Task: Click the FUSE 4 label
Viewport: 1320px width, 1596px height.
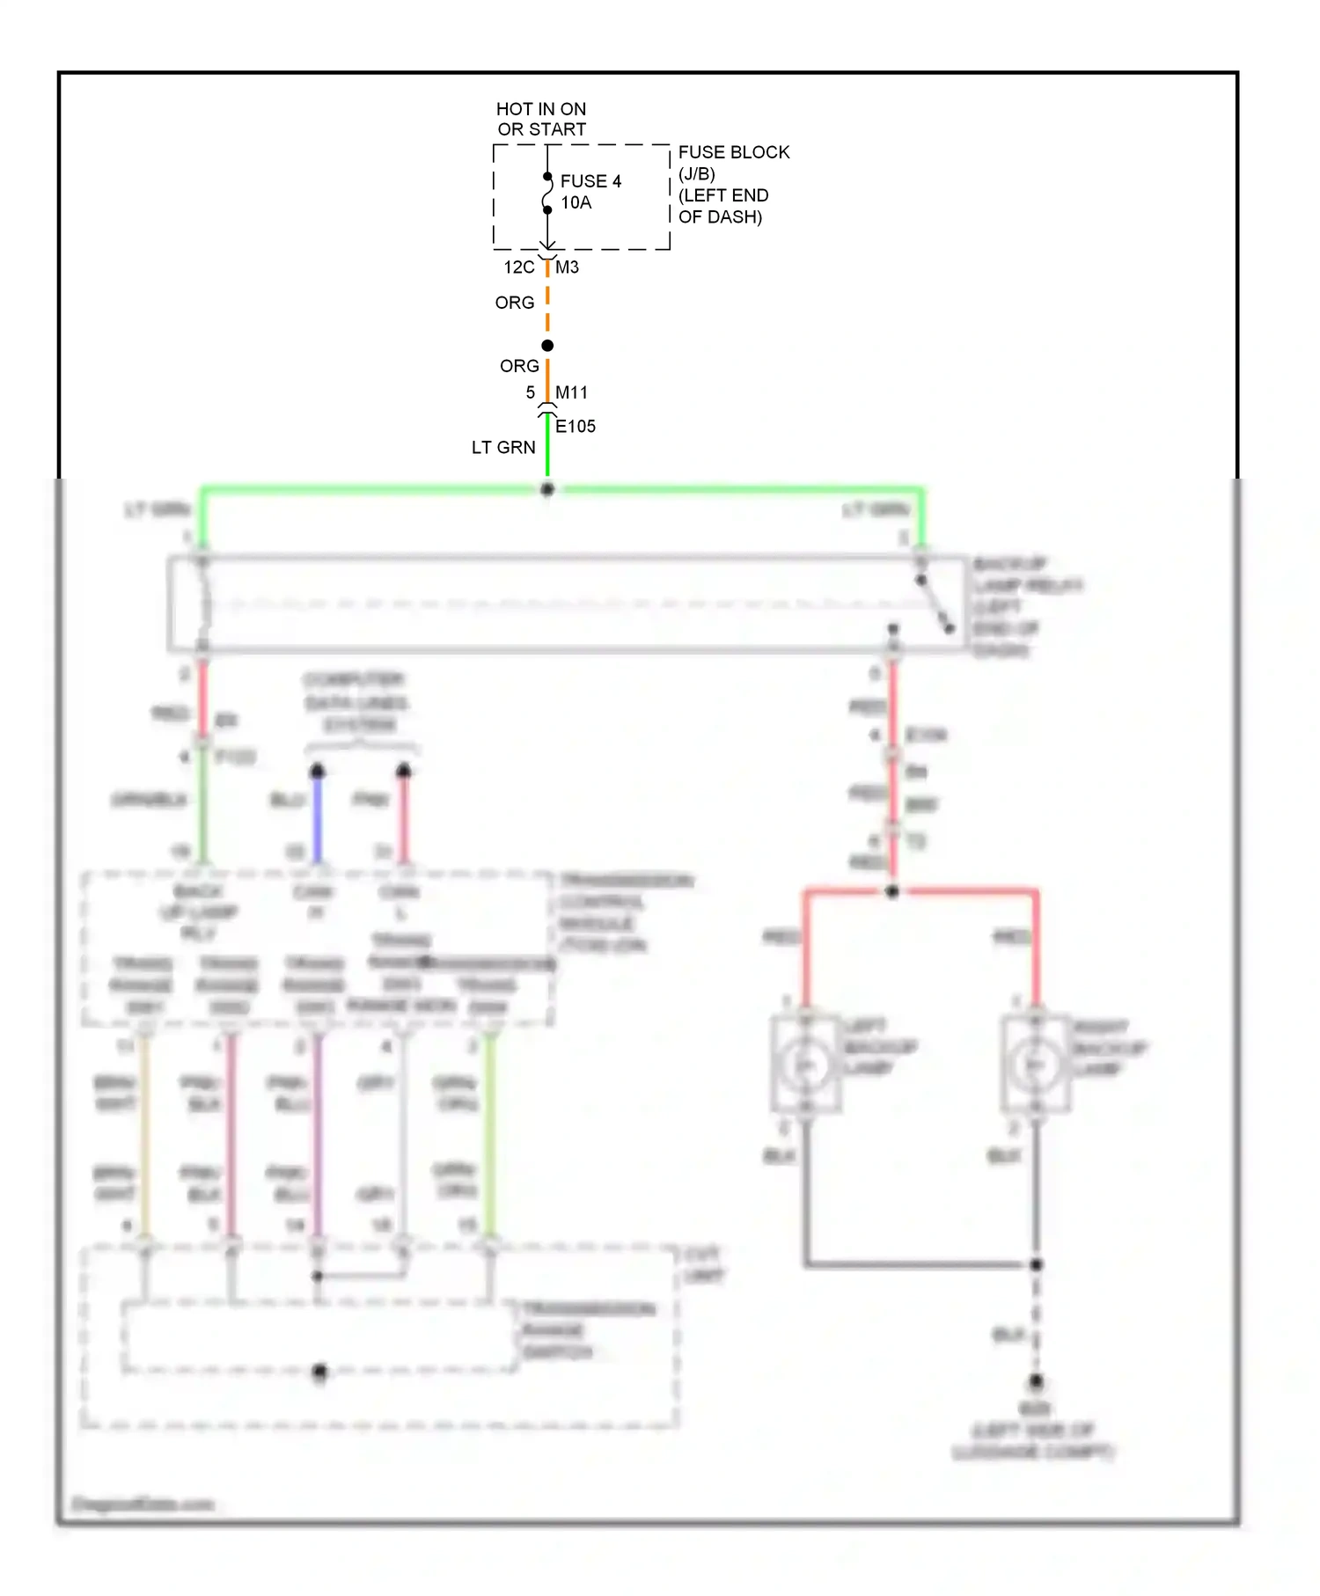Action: coord(590,181)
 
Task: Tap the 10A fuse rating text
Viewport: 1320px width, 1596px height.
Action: coord(576,203)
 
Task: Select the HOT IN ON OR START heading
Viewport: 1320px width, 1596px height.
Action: coord(541,119)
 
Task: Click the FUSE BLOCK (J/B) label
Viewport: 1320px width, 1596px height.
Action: coord(733,163)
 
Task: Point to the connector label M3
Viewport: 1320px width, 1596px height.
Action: coord(568,267)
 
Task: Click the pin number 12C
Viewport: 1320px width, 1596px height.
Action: coord(518,267)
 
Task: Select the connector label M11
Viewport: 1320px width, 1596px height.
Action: coord(571,392)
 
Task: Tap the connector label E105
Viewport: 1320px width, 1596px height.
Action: coord(576,427)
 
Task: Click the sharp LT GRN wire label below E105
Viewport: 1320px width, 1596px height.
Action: coord(503,448)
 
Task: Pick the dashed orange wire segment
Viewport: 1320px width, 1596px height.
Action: coord(547,304)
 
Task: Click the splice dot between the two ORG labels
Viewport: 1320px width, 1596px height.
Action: coord(547,346)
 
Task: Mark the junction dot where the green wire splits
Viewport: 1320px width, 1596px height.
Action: coord(547,489)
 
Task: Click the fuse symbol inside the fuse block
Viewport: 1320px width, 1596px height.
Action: coord(546,194)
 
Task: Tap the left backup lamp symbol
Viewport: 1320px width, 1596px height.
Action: coord(805,1065)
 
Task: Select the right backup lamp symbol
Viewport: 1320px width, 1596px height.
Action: coord(1036,1065)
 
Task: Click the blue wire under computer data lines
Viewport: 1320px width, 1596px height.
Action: coord(318,818)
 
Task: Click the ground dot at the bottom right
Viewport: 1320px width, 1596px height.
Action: coord(1036,1381)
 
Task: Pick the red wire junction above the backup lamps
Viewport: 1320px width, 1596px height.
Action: coord(892,892)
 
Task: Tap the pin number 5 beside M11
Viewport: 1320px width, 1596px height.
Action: coord(531,392)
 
